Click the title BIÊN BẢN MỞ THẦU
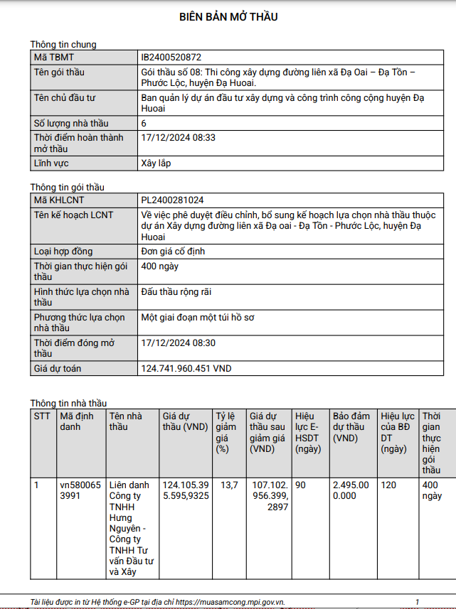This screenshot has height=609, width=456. pyautogui.click(x=228, y=16)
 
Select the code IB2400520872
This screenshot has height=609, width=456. pyautogui.click(x=171, y=58)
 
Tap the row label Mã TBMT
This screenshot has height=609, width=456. pyautogui.click(x=54, y=58)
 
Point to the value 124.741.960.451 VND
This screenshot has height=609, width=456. pyautogui.click(x=186, y=369)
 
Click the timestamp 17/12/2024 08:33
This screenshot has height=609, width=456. pyautogui.click(x=179, y=137)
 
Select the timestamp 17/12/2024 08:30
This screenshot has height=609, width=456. pyautogui.click(x=179, y=343)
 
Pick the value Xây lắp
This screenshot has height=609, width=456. pyautogui.click(x=157, y=163)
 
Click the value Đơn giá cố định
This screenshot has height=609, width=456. pyautogui.click(x=174, y=252)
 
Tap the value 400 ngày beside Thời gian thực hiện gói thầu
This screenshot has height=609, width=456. pyautogui.click(x=159, y=266)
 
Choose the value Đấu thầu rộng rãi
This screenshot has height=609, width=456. pyautogui.click(x=176, y=292)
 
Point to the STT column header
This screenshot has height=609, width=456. pyautogui.click(x=42, y=416)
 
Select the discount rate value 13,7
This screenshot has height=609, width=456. pyautogui.click(x=229, y=485)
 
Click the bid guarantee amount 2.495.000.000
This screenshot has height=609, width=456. pyautogui.click(x=351, y=490)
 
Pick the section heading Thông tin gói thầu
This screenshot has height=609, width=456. pyautogui.click(x=67, y=187)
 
